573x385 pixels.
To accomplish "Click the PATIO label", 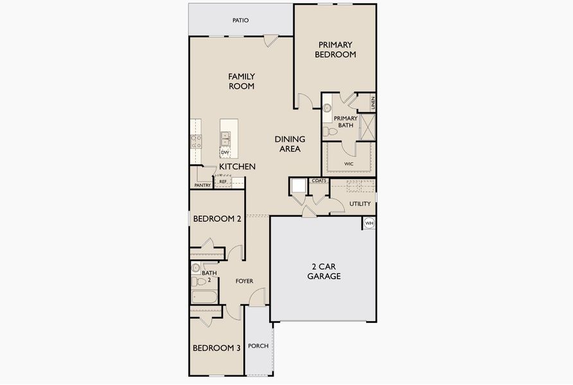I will tap(240, 21).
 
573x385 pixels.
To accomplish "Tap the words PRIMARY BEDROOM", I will tap(335, 49).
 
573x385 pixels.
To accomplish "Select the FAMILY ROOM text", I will tap(242, 81).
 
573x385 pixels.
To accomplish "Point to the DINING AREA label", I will tap(290, 144).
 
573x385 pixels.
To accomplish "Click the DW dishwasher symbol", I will tap(225, 152).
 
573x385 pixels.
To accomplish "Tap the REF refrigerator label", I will tap(223, 182).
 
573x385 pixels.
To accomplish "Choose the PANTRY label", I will tap(202, 185).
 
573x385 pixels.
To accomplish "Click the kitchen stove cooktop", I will tap(195, 141).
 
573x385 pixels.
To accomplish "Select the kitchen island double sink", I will tap(225, 137).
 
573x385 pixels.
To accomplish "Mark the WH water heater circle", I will tap(369, 223).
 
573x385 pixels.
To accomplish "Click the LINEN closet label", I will tap(372, 102).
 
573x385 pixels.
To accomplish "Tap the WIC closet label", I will tap(349, 164).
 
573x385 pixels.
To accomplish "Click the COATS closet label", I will tap(319, 181).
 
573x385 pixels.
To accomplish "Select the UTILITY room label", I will tap(360, 204).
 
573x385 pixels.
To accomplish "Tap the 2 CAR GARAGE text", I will tap(323, 271).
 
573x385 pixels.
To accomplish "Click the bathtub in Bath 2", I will tap(204, 296).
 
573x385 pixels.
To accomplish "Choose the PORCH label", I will tap(258, 346).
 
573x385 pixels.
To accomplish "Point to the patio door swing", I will tap(270, 42).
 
